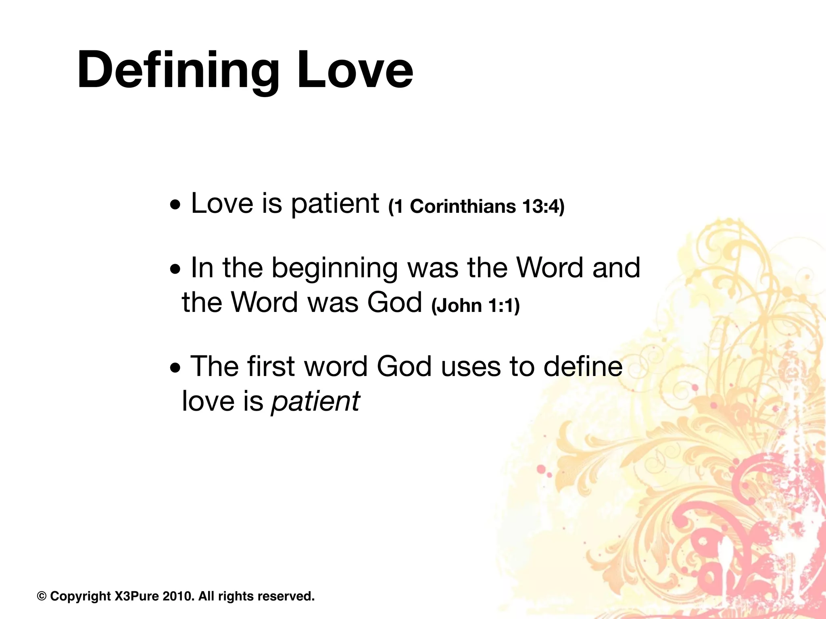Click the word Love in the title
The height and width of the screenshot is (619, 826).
pos(354,71)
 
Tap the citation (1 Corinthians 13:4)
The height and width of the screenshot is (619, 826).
pos(476,206)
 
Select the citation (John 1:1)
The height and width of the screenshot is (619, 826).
pos(476,305)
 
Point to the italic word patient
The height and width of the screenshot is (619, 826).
pos(315,401)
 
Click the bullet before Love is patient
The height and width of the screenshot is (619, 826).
pos(175,207)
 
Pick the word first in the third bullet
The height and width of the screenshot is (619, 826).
pos(271,367)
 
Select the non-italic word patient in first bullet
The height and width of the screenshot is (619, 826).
pos(335,204)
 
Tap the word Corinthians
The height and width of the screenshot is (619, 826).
pos(463,206)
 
